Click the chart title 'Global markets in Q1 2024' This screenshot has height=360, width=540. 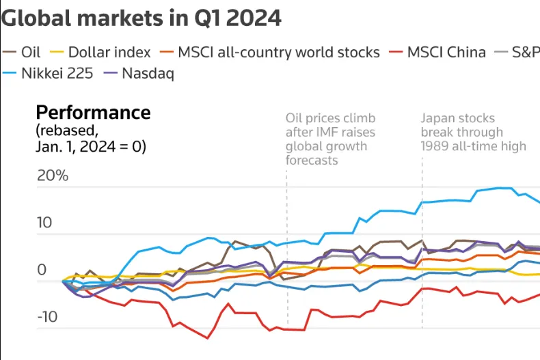pyautogui.click(x=141, y=18)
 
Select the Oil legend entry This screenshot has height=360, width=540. pyautogui.click(x=21, y=53)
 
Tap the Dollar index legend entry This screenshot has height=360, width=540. pyautogui.click(x=100, y=53)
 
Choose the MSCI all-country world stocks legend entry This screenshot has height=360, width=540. pyautogui.click(x=270, y=53)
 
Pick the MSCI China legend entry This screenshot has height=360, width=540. pyautogui.click(x=437, y=53)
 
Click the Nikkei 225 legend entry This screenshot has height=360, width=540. pyautogui.click(x=48, y=73)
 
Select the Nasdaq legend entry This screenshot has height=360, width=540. pyautogui.click(x=139, y=74)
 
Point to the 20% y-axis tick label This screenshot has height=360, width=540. pyautogui.click(x=53, y=176)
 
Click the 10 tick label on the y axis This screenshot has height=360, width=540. pyautogui.click(x=44, y=223)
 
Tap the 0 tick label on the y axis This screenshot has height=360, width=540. pyautogui.click(x=42, y=270)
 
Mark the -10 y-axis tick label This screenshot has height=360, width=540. pyautogui.click(x=48, y=317)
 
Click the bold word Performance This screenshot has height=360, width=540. pyautogui.click(x=94, y=113)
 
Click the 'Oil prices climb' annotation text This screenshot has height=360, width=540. pyautogui.click(x=331, y=118)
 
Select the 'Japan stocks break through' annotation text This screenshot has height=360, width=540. pyautogui.click(x=462, y=125)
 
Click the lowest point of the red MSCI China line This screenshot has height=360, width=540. pyautogui.click(x=208, y=338)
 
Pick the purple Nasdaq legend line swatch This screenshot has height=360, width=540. pyautogui.click(x=111, y=73)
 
